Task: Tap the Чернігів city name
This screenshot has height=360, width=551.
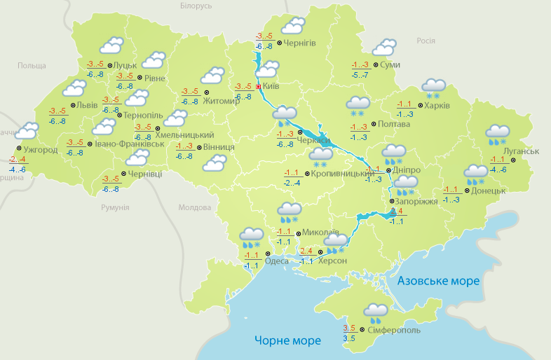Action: click(300, 43)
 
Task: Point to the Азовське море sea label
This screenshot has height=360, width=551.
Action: click(438, 281)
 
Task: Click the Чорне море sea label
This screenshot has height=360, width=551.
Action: click(287, 340)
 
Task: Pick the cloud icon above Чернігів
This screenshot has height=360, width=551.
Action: click(292, 27)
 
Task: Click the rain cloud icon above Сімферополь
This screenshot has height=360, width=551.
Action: click(376, 311)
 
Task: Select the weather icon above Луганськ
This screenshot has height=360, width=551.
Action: click(498, 133)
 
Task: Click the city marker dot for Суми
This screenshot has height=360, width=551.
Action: click(376, 64)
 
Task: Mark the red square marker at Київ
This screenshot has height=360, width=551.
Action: click(258, 87)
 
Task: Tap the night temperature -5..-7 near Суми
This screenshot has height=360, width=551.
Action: click(359, 74)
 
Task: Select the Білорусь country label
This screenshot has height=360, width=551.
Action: click(196, 6)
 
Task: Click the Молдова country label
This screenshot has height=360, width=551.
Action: click(194, 208)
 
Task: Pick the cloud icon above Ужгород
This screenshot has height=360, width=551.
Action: click(27, 131)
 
